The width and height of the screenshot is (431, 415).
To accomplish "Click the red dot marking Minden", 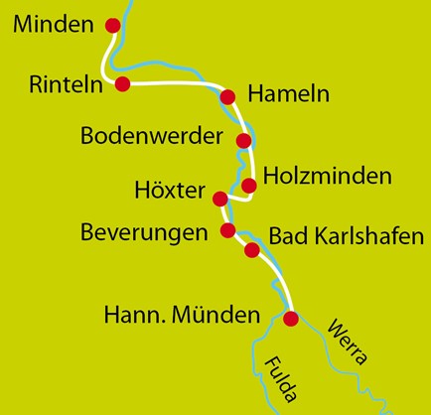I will pos(112,26).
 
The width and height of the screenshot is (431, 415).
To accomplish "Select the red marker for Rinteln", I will pos(123,84).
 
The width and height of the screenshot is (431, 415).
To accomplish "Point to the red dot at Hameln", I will pos(227,96).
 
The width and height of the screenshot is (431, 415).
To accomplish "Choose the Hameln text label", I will pos(288,95).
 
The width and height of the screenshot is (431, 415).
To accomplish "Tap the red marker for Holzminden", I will pos(249,185).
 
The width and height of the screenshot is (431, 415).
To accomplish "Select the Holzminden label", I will pos(329,176).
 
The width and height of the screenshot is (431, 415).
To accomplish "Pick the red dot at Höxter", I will pos(220,199).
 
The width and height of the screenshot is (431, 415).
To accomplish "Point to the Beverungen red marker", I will pos(228,231).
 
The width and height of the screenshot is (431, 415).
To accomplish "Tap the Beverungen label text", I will pos(145,233).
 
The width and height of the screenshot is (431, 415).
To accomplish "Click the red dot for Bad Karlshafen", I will pos(252,250).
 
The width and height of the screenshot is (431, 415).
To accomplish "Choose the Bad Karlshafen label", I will pos(347,237).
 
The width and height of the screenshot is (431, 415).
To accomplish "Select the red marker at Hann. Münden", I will pos(291,319).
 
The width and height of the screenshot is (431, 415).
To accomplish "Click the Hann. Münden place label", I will pos(183,317).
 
